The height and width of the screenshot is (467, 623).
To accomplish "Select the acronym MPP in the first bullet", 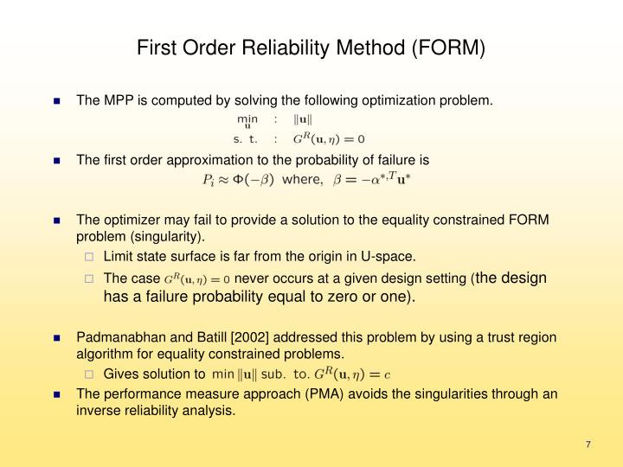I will point(117,100).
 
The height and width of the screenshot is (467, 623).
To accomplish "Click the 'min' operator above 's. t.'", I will point(247,119).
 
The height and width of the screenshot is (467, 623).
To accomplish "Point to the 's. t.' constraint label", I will point(246,138).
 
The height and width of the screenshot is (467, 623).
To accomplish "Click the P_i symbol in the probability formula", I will point(209,180).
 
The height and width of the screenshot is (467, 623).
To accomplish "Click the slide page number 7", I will point(588,445).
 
